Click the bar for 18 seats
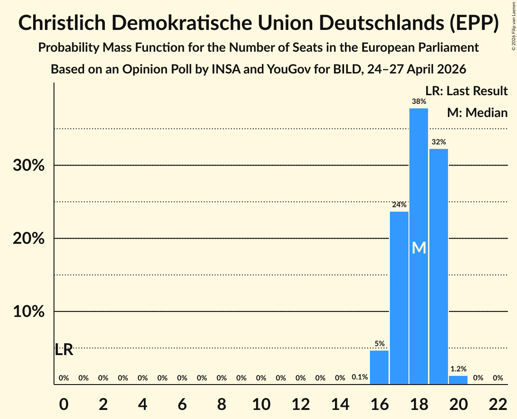419,246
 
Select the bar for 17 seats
399,298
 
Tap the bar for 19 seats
438,267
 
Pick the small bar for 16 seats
379,367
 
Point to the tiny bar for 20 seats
458,380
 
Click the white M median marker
419,248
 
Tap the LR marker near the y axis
64,350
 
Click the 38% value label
419,102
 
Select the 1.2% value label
458,369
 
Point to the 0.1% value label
360,377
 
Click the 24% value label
399,205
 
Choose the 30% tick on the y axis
29,166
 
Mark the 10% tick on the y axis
29,311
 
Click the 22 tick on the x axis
498,404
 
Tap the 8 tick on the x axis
222,404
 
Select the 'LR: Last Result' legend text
467,91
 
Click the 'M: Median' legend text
478,113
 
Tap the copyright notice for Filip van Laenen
513,26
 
